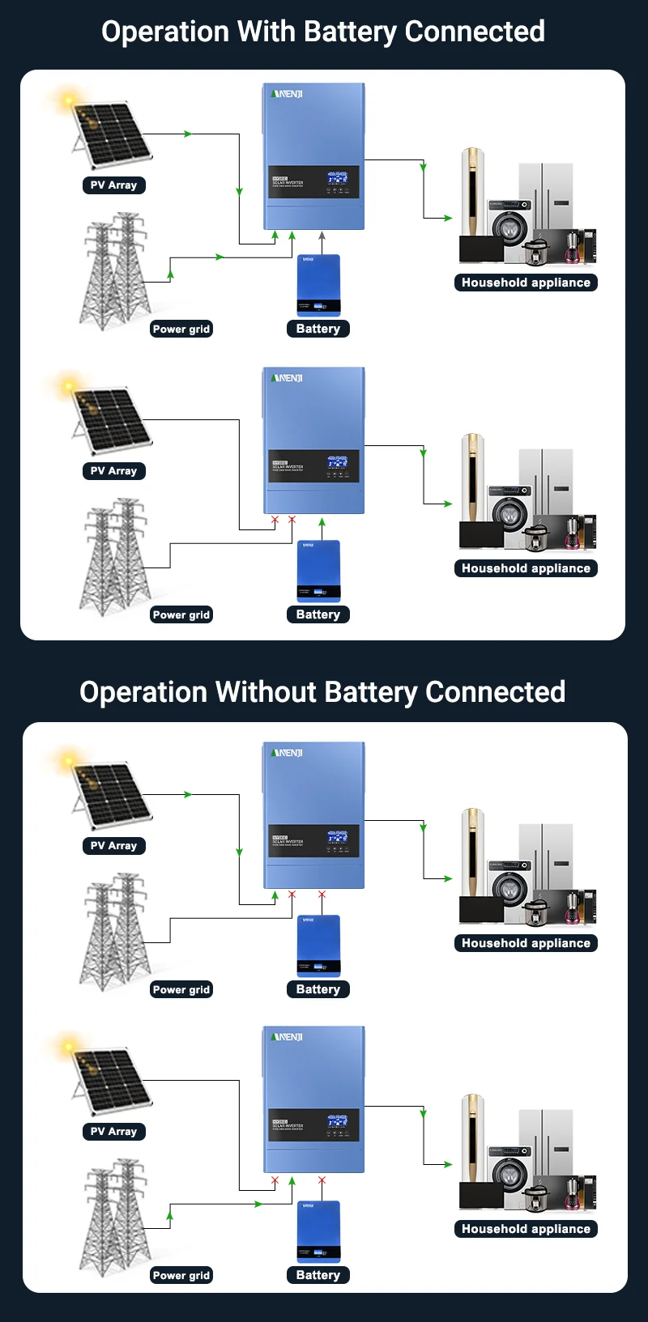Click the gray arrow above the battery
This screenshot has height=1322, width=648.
322,236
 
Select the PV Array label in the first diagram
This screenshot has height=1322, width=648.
113,185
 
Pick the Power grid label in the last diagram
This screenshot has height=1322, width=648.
181,1275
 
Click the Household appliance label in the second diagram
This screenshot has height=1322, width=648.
526,568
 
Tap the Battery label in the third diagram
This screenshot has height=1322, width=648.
318,989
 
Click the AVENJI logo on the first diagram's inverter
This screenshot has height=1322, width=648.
287,95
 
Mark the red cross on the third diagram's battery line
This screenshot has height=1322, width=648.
322,895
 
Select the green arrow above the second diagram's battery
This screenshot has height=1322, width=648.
322,523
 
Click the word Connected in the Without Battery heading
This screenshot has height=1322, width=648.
495,692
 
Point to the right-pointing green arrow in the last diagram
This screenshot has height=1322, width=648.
258,1204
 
